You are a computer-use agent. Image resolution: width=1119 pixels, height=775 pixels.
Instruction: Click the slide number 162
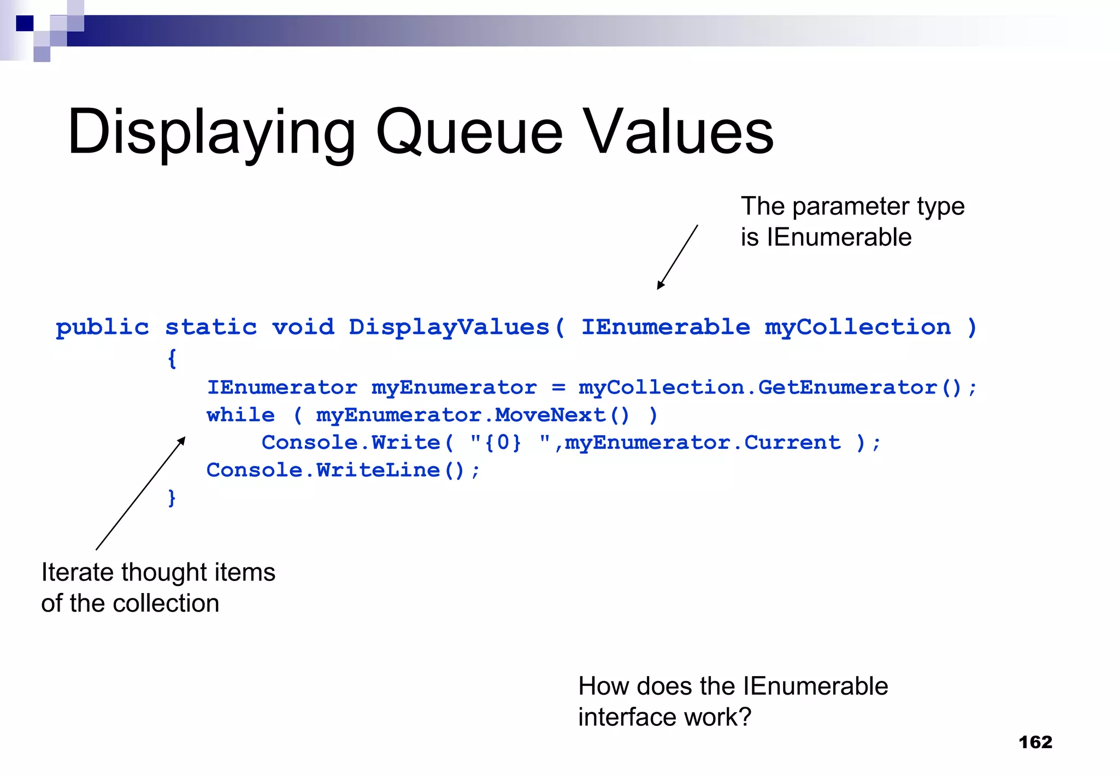(1035, 742)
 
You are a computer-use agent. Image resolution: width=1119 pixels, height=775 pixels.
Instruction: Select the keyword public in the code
(102, 327)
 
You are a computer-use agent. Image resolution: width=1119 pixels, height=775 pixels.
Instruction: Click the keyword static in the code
(211, 327)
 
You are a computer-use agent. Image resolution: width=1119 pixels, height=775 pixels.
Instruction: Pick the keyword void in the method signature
(303, 327)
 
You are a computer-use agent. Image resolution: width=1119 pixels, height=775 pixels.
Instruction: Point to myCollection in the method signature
(858, 327)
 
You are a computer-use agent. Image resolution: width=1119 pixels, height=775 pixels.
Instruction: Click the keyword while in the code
(240, 415)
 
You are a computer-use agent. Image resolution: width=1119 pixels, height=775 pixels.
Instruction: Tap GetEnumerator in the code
(847, 387)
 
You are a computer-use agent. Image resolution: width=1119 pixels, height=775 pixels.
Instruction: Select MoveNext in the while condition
(550, 415)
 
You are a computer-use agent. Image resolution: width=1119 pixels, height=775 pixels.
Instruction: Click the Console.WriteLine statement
(343, 470)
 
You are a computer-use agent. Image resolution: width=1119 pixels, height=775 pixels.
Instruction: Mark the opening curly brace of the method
(172, 359)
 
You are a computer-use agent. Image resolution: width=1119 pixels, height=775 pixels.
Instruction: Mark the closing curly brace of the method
(172, 498)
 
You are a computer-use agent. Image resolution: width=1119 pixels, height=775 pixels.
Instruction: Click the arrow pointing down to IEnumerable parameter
(678, 257)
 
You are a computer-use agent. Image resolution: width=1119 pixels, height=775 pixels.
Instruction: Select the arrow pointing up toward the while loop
(140, 494)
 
